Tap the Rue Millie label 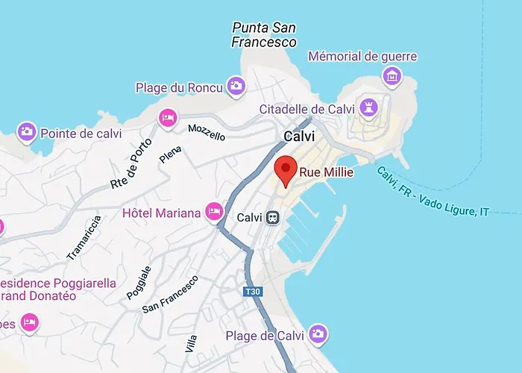pos(326,172)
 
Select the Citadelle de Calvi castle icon pos(368,109)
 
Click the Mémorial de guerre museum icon pos(391,75)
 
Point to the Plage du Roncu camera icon pos(236,87)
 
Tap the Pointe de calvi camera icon pos(27,133)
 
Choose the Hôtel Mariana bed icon pos(215,213)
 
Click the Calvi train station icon pos(274,218)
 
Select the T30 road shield pos(254,292)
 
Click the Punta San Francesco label pos(265,35)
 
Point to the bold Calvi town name pos(299,137)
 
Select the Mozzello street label pos(207,133)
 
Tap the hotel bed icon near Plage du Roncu pos(168,118)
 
